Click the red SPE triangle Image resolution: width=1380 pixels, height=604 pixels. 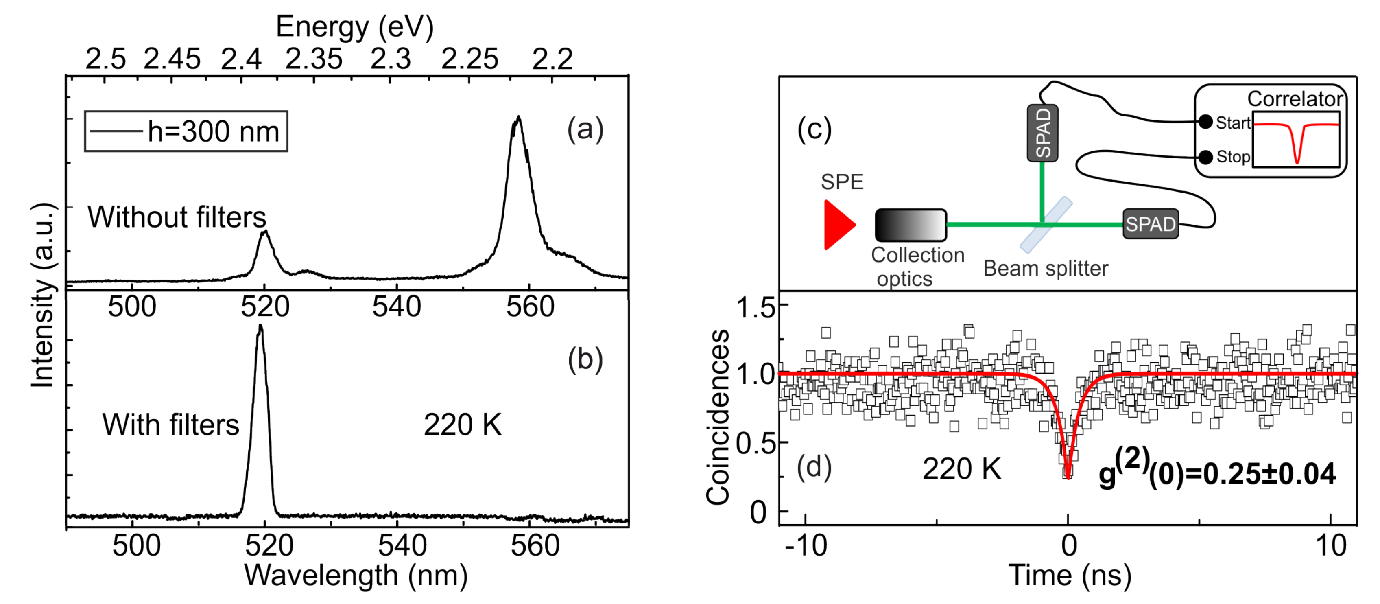point(837,225)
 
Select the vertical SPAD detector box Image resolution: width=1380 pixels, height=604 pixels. point(1042,133)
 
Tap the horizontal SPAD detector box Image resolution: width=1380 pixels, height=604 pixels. point(1150,224)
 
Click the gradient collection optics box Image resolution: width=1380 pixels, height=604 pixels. point(911,225)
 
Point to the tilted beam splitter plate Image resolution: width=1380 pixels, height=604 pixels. point(1046,225)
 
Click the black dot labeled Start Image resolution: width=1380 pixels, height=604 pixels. point(1205,122)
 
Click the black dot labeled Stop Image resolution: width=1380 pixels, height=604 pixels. point(1205,157)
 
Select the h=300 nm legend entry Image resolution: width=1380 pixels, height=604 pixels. point(186,131)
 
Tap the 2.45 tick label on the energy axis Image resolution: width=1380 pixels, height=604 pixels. point(172,59)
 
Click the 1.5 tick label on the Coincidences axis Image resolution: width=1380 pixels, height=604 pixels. point(756,308)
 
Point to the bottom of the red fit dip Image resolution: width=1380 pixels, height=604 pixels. point(1068,477)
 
